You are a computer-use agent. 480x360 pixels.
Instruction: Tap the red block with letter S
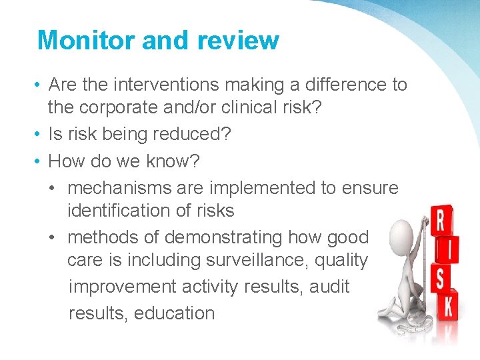[439, 278]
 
